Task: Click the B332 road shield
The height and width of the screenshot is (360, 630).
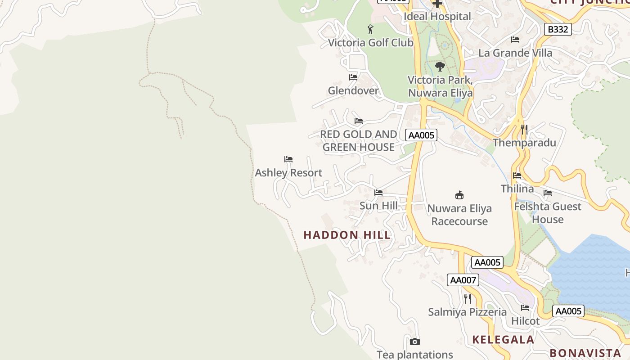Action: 558,30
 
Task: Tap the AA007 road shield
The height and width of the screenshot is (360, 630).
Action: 463,280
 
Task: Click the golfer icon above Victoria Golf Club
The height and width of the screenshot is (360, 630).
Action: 370,30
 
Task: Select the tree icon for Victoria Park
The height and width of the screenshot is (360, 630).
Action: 440,67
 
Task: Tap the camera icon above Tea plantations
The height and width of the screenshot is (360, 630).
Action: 415,342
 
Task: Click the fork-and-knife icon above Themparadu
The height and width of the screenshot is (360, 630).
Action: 524,130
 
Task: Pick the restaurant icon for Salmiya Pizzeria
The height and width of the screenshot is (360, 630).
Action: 468,299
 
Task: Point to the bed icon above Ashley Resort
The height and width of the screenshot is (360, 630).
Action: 288,159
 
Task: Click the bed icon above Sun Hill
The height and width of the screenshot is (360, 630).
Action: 378,193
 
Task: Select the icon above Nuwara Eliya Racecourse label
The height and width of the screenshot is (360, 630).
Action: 459,195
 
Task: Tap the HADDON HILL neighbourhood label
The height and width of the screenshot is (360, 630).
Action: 347,235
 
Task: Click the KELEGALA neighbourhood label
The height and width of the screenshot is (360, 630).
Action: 503,340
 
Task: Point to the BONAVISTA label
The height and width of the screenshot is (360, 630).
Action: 585,353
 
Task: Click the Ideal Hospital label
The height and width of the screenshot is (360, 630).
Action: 437,17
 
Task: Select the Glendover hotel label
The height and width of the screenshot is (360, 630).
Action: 353,90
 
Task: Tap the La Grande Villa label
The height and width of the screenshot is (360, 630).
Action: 515,53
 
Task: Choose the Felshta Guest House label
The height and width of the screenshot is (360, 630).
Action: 548,213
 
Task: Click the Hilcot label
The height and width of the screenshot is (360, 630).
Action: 525,321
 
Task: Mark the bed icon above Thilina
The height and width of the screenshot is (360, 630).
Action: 517,175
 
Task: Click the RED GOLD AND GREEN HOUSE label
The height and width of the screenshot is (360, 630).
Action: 359,140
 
